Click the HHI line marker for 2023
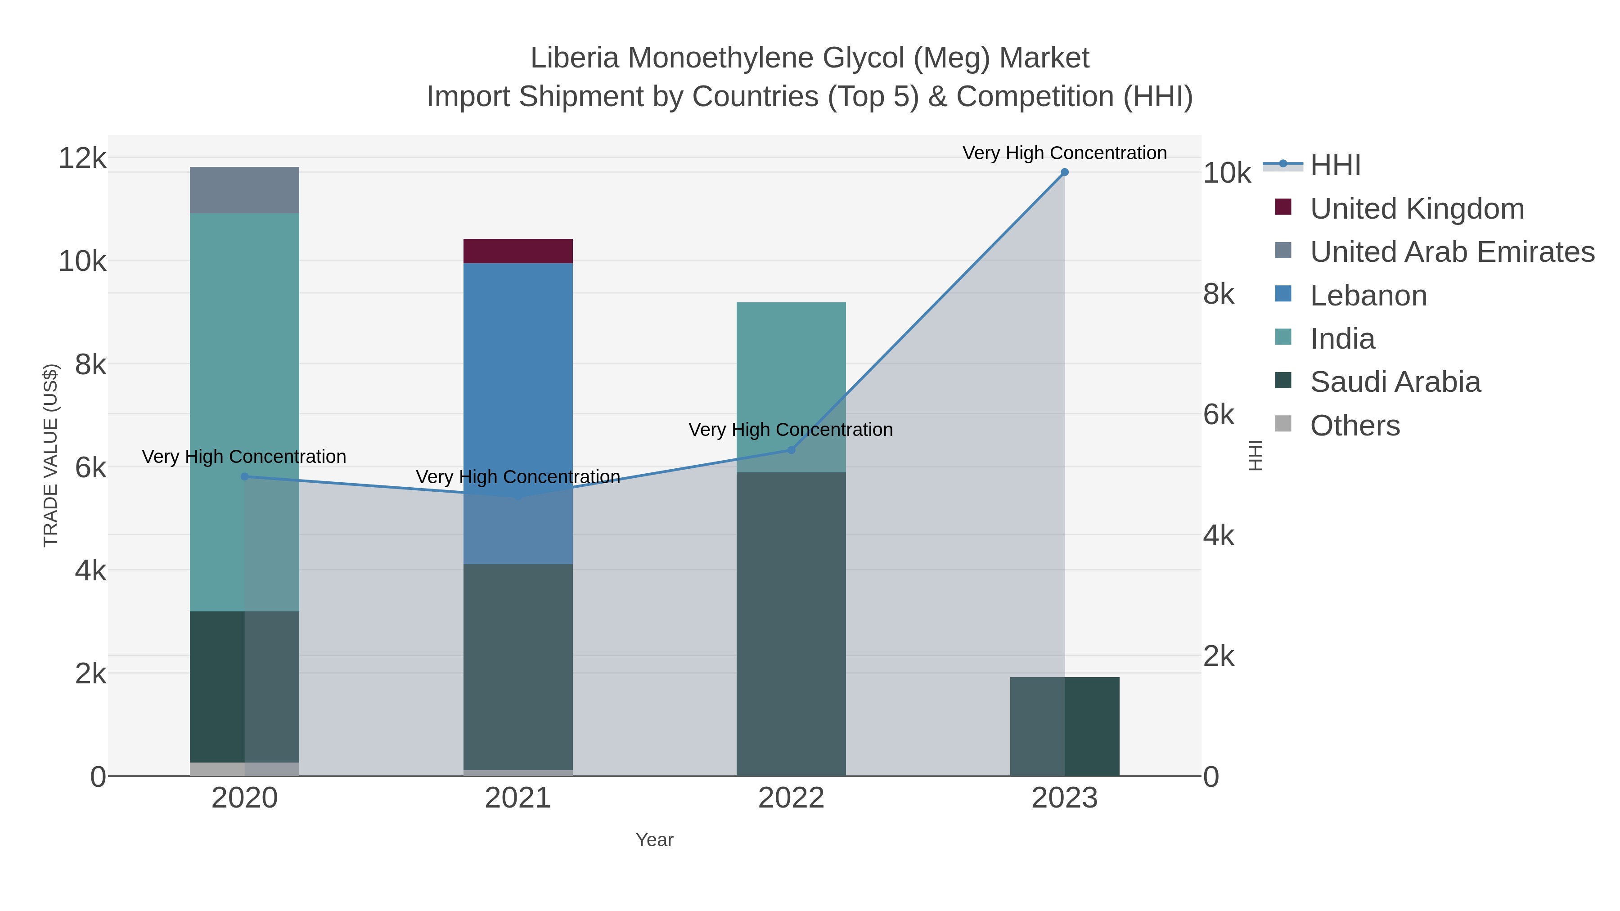(x=1064, y=172)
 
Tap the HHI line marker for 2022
(x=791, y=450)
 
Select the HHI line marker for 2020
(x=245, y=476)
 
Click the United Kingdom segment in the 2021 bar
(x=517, y=251)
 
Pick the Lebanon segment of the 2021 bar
(x=517, y=377)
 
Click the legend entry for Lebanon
(x=1368, y=296)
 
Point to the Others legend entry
(x=1354, y=426)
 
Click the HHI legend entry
(x=1335, y=166)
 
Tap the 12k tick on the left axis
(x=82, y=158)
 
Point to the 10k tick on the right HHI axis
(x=1226, y=174)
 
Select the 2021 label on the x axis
(x=517, y=798)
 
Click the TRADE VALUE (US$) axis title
(x=50, y=455)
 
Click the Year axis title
(x=654, y=840)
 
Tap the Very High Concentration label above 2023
(x=1064, y=153)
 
